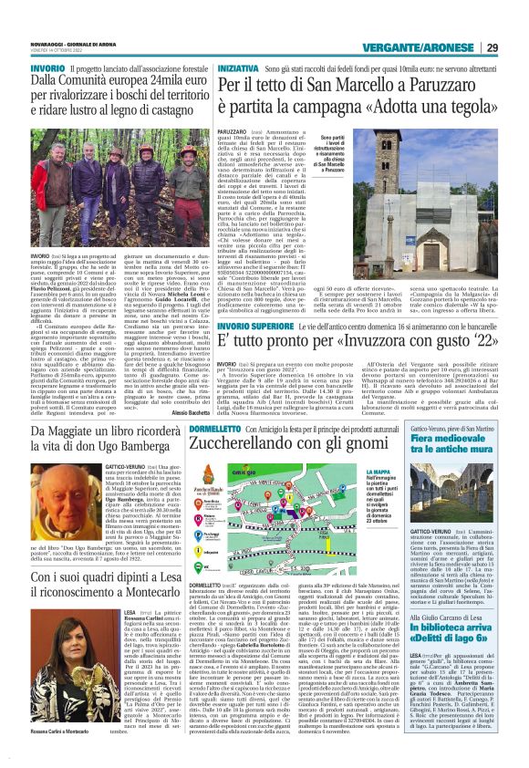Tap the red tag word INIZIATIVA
pyautogui.click(x=239, y=69)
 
